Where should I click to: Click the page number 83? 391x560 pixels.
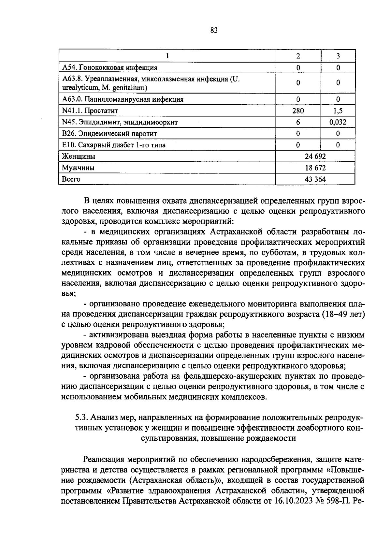coord(214,30)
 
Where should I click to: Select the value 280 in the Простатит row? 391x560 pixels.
coord(298,111)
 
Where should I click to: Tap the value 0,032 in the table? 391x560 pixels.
coord(338,122)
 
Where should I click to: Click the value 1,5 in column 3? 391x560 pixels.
coord(338,111)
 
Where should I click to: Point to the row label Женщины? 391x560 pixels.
coord(79,156)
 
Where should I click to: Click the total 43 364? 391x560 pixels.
coord(315,179)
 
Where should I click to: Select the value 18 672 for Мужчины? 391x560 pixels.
coord(315,168)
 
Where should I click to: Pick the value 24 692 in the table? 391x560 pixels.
coord(315,156)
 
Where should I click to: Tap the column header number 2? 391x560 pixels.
coord(298,56)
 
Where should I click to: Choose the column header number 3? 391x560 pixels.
coord(338,56)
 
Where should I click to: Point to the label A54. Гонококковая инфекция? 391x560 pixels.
coord(109,68)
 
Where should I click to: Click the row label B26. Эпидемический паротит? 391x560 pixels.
coord(109,134)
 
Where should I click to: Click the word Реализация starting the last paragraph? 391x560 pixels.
coord(104,460)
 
